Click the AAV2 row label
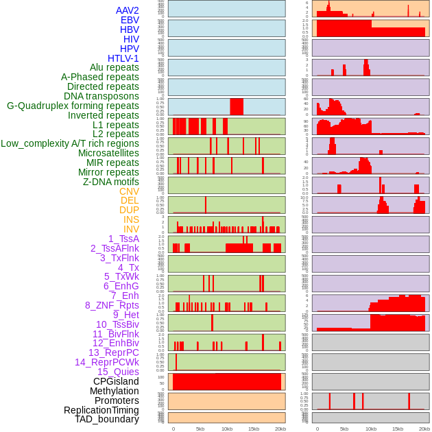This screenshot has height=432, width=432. click(x=128, y=10)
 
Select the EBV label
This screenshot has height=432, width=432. click(x=130, y=20)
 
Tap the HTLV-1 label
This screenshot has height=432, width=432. click(x=123, y=58)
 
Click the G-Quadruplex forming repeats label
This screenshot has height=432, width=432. click(x=73, y=106)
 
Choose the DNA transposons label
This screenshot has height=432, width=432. click(x=101, y=96)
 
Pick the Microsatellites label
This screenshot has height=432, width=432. click(x=108, y=153)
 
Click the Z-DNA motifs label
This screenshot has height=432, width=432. click(x=111, y=182)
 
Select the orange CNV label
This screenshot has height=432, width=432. click(x=129, y=191)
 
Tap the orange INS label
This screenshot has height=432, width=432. click(x=131, y=219)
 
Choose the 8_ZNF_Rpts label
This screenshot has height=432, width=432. click(x=112, y=305)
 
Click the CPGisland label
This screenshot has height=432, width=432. click(x=116, y=381)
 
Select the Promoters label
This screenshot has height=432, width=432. click(x=117, y=400)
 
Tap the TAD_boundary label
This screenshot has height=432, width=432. click(x=107, y=419)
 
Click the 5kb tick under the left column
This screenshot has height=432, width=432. click(x=200, y=429)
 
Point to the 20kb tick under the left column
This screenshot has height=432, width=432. click(x=280, y=429)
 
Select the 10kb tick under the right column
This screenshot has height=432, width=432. click(x=371, y=429)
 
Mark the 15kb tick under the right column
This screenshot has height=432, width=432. click(x=398, y=429)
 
